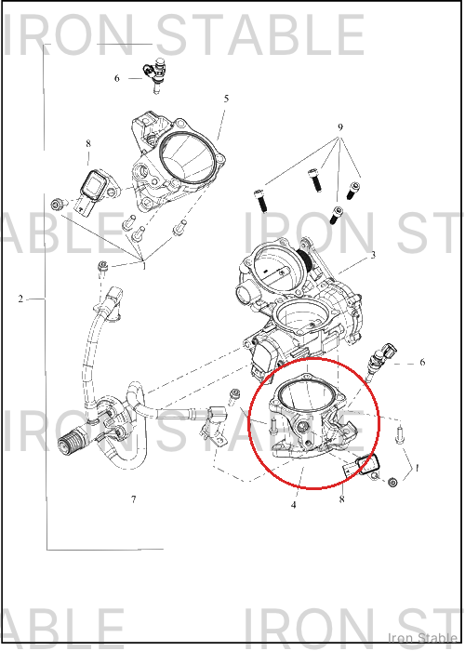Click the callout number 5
click(226, 99)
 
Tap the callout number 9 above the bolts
click(340, 127)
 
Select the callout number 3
click(373, 255)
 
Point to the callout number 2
click(20, 299)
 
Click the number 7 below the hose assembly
click(133, 499)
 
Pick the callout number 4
click(294, 505)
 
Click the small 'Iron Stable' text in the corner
click(422, 638)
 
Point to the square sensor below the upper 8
click(95, 188)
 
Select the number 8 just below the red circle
click(341, 499)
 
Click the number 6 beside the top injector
click(116, 78)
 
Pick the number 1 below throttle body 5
click(144, 266)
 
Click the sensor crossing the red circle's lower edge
click(360, 465)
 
